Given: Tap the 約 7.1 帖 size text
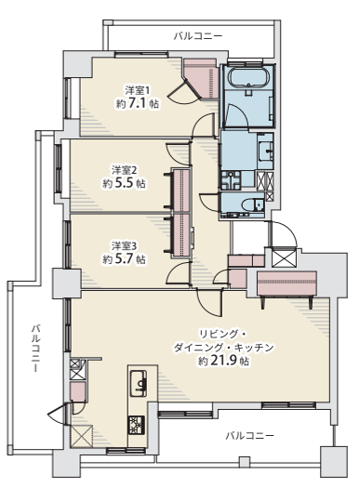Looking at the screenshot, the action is pos(138,103).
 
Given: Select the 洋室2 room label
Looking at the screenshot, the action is pos(125,170).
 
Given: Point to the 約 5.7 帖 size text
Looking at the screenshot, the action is pos(125,259).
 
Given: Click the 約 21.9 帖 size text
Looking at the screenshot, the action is pos(223,361).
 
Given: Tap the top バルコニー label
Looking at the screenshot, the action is pos(198,36).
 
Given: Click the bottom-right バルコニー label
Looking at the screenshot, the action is pos(250,435).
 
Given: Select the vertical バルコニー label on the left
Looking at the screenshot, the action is pos(36,348).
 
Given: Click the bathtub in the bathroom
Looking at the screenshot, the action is pos(248,78).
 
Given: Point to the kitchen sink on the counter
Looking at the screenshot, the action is pos(139,383).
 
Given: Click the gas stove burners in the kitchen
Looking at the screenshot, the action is pos(137,425).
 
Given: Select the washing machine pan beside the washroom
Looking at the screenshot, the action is pos(231,180).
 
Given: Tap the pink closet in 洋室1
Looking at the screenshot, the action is pos(201,79).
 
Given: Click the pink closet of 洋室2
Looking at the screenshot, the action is pos(182,191).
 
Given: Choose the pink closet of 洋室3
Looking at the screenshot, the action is pos(182,234).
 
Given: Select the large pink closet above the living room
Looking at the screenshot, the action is pos(287,284).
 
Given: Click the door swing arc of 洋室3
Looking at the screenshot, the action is pos(175,270).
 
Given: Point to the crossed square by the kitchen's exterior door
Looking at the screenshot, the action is pos(82,436).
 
